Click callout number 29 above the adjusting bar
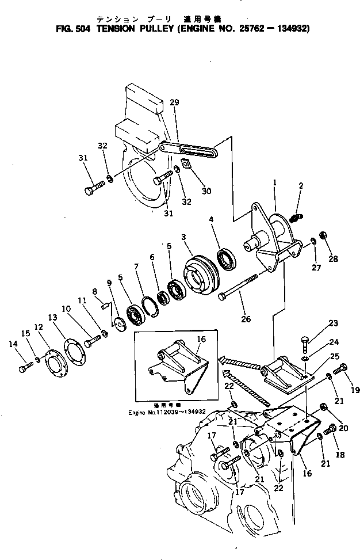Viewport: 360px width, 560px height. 174,102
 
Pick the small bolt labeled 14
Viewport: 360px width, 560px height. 24,367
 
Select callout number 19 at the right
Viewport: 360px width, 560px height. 355,390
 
